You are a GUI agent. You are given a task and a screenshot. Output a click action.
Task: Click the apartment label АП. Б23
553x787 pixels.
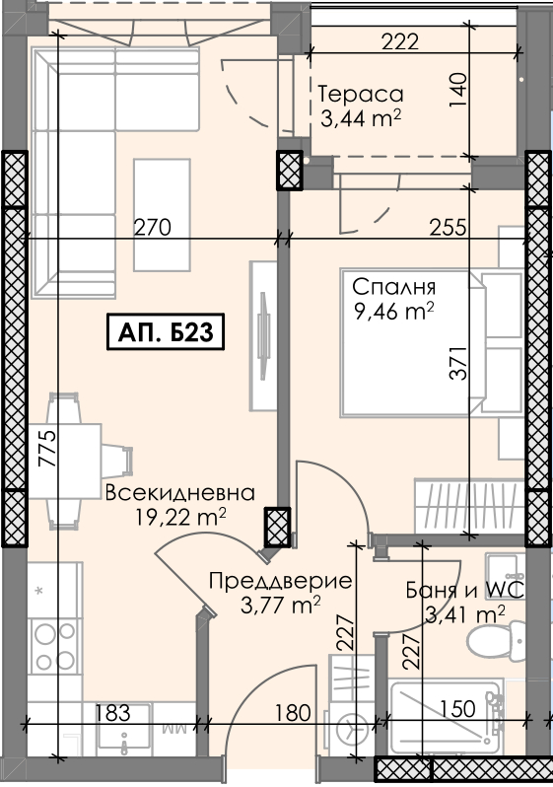click(x=165, y=331)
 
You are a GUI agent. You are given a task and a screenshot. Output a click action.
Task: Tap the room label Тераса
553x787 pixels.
click(x=361, y=94)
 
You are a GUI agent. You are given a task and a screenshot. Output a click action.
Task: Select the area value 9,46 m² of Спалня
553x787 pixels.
click(x=394, y=312)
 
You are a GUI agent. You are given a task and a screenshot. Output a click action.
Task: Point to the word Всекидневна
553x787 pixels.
click(x=180, y=493)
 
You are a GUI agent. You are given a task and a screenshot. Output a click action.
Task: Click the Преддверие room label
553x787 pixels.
click(x=281, y=581)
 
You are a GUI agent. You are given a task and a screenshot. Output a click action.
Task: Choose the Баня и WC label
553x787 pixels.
click(x=464, y=590)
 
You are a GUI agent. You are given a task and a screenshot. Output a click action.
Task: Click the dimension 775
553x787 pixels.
click(x=48, y=449)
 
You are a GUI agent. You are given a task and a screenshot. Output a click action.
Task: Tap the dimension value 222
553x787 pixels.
click(x=400, y=41)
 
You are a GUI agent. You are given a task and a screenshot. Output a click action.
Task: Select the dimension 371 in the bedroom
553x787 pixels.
click(x=458, y=363)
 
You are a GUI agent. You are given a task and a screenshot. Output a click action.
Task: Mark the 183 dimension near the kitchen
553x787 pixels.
click(x=112, y=712)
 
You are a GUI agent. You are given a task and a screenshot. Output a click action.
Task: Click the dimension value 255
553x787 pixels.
click(x=449, y=228)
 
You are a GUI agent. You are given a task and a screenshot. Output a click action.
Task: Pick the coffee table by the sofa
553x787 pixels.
click(x=162, y=215)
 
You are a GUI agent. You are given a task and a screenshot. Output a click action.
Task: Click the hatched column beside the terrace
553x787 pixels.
click(x=290, y=171)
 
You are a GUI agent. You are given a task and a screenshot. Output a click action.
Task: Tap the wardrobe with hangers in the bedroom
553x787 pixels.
click(x=469, y=506)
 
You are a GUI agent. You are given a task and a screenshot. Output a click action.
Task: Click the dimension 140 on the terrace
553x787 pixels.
click(x=458, y=90)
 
